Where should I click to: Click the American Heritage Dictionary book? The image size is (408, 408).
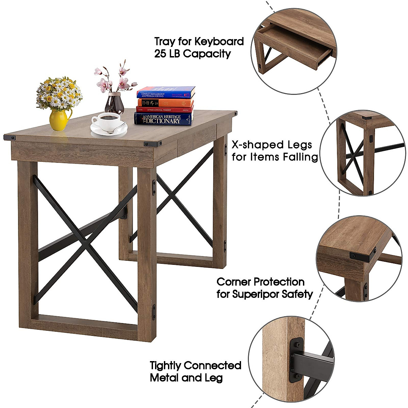[x=164, y=119]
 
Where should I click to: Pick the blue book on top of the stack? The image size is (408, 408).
[x=166, y=92]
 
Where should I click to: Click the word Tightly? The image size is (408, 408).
[x=165, y=366]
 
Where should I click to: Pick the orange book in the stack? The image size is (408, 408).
[x=165, y=103]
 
